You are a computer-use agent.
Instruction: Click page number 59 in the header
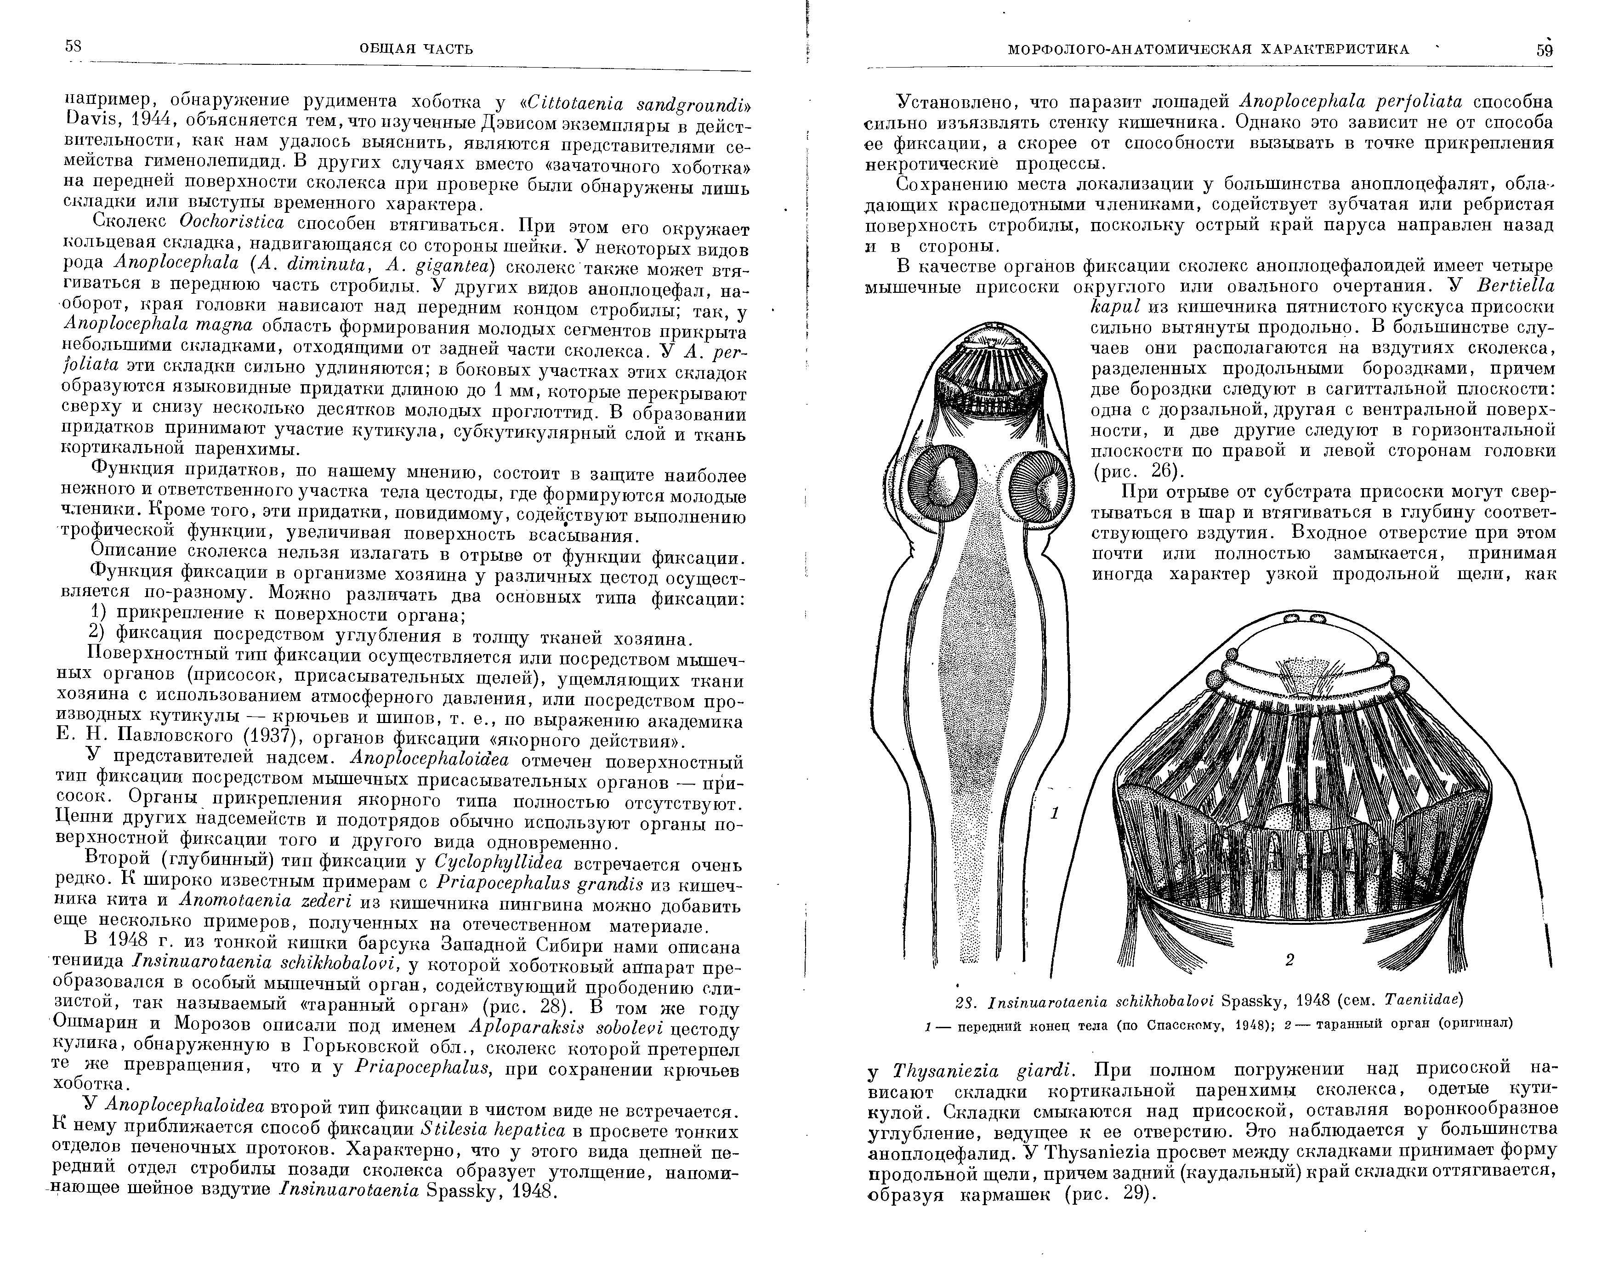1544,50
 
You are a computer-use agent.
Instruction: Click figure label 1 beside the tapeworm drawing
1055,813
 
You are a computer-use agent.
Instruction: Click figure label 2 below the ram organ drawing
1289,960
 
